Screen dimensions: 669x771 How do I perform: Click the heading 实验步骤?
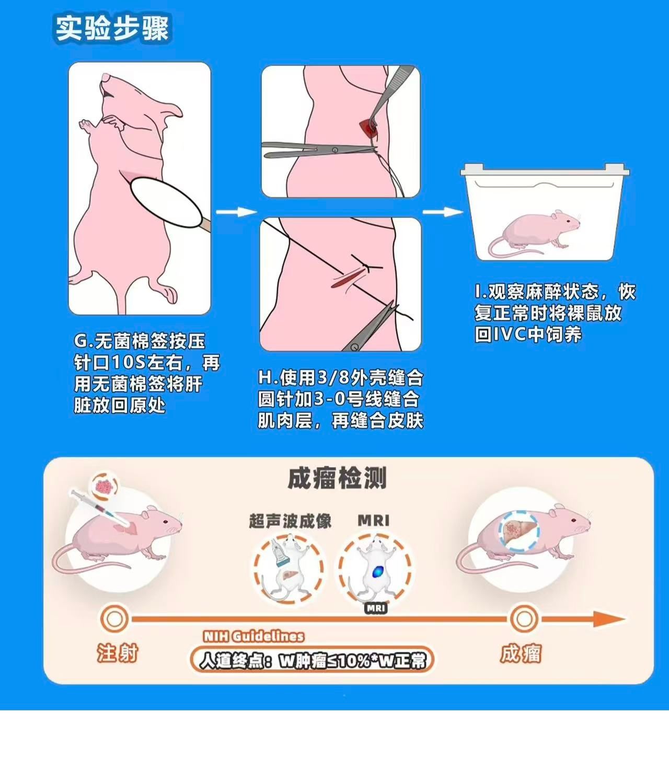pos(112,29)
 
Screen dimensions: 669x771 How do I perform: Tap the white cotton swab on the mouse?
pos(168,203)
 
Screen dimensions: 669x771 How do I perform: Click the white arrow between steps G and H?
pos(237,212)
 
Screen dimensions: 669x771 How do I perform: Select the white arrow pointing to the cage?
pos(443,212)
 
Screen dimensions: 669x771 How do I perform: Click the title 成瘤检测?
pos(337,478)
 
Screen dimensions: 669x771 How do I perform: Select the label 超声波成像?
pos(290,521)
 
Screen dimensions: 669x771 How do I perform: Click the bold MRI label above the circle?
pos(374,521)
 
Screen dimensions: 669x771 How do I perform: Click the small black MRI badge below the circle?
pos(376,608)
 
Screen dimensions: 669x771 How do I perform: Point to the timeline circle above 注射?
pos(114,618)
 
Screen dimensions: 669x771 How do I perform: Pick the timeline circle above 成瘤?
pos(524,618)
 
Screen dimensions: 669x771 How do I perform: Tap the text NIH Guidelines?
pos(253,637)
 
